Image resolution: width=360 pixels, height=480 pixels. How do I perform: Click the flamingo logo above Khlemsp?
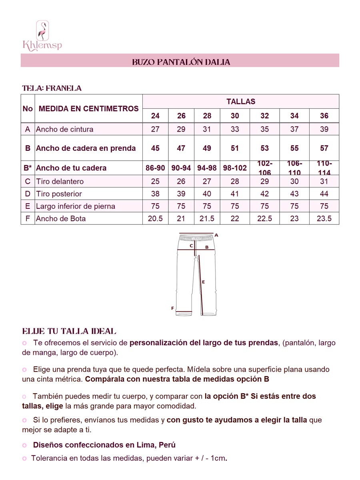42,30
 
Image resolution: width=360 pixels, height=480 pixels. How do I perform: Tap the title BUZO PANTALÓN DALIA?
181,62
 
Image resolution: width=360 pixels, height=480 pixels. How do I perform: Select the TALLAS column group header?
240,102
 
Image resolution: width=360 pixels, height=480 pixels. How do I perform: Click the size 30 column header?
235,116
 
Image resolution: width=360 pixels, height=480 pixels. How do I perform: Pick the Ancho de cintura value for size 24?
155,129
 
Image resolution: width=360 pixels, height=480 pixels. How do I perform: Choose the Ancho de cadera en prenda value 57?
324,148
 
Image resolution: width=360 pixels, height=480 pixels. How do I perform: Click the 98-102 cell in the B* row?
235,168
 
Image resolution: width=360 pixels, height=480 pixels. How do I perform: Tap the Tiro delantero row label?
60,182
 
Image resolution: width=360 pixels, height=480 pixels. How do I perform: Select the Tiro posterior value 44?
324,194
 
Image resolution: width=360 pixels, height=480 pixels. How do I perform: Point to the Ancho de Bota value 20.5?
155,219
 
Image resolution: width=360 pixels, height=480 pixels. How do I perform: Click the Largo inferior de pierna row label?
75,206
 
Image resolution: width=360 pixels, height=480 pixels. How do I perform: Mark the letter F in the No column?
28,219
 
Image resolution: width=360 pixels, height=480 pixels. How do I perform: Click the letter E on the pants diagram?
203,282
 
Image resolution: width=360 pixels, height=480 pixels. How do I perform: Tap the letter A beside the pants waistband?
216,235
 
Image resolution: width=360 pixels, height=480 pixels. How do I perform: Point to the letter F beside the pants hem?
172,308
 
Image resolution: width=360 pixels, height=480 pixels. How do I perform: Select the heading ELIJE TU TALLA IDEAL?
69,331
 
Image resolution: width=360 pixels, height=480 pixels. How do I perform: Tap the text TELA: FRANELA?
52,88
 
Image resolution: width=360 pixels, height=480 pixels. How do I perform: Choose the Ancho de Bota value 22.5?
264,219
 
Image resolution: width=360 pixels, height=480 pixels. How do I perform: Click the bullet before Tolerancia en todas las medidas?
24,458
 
